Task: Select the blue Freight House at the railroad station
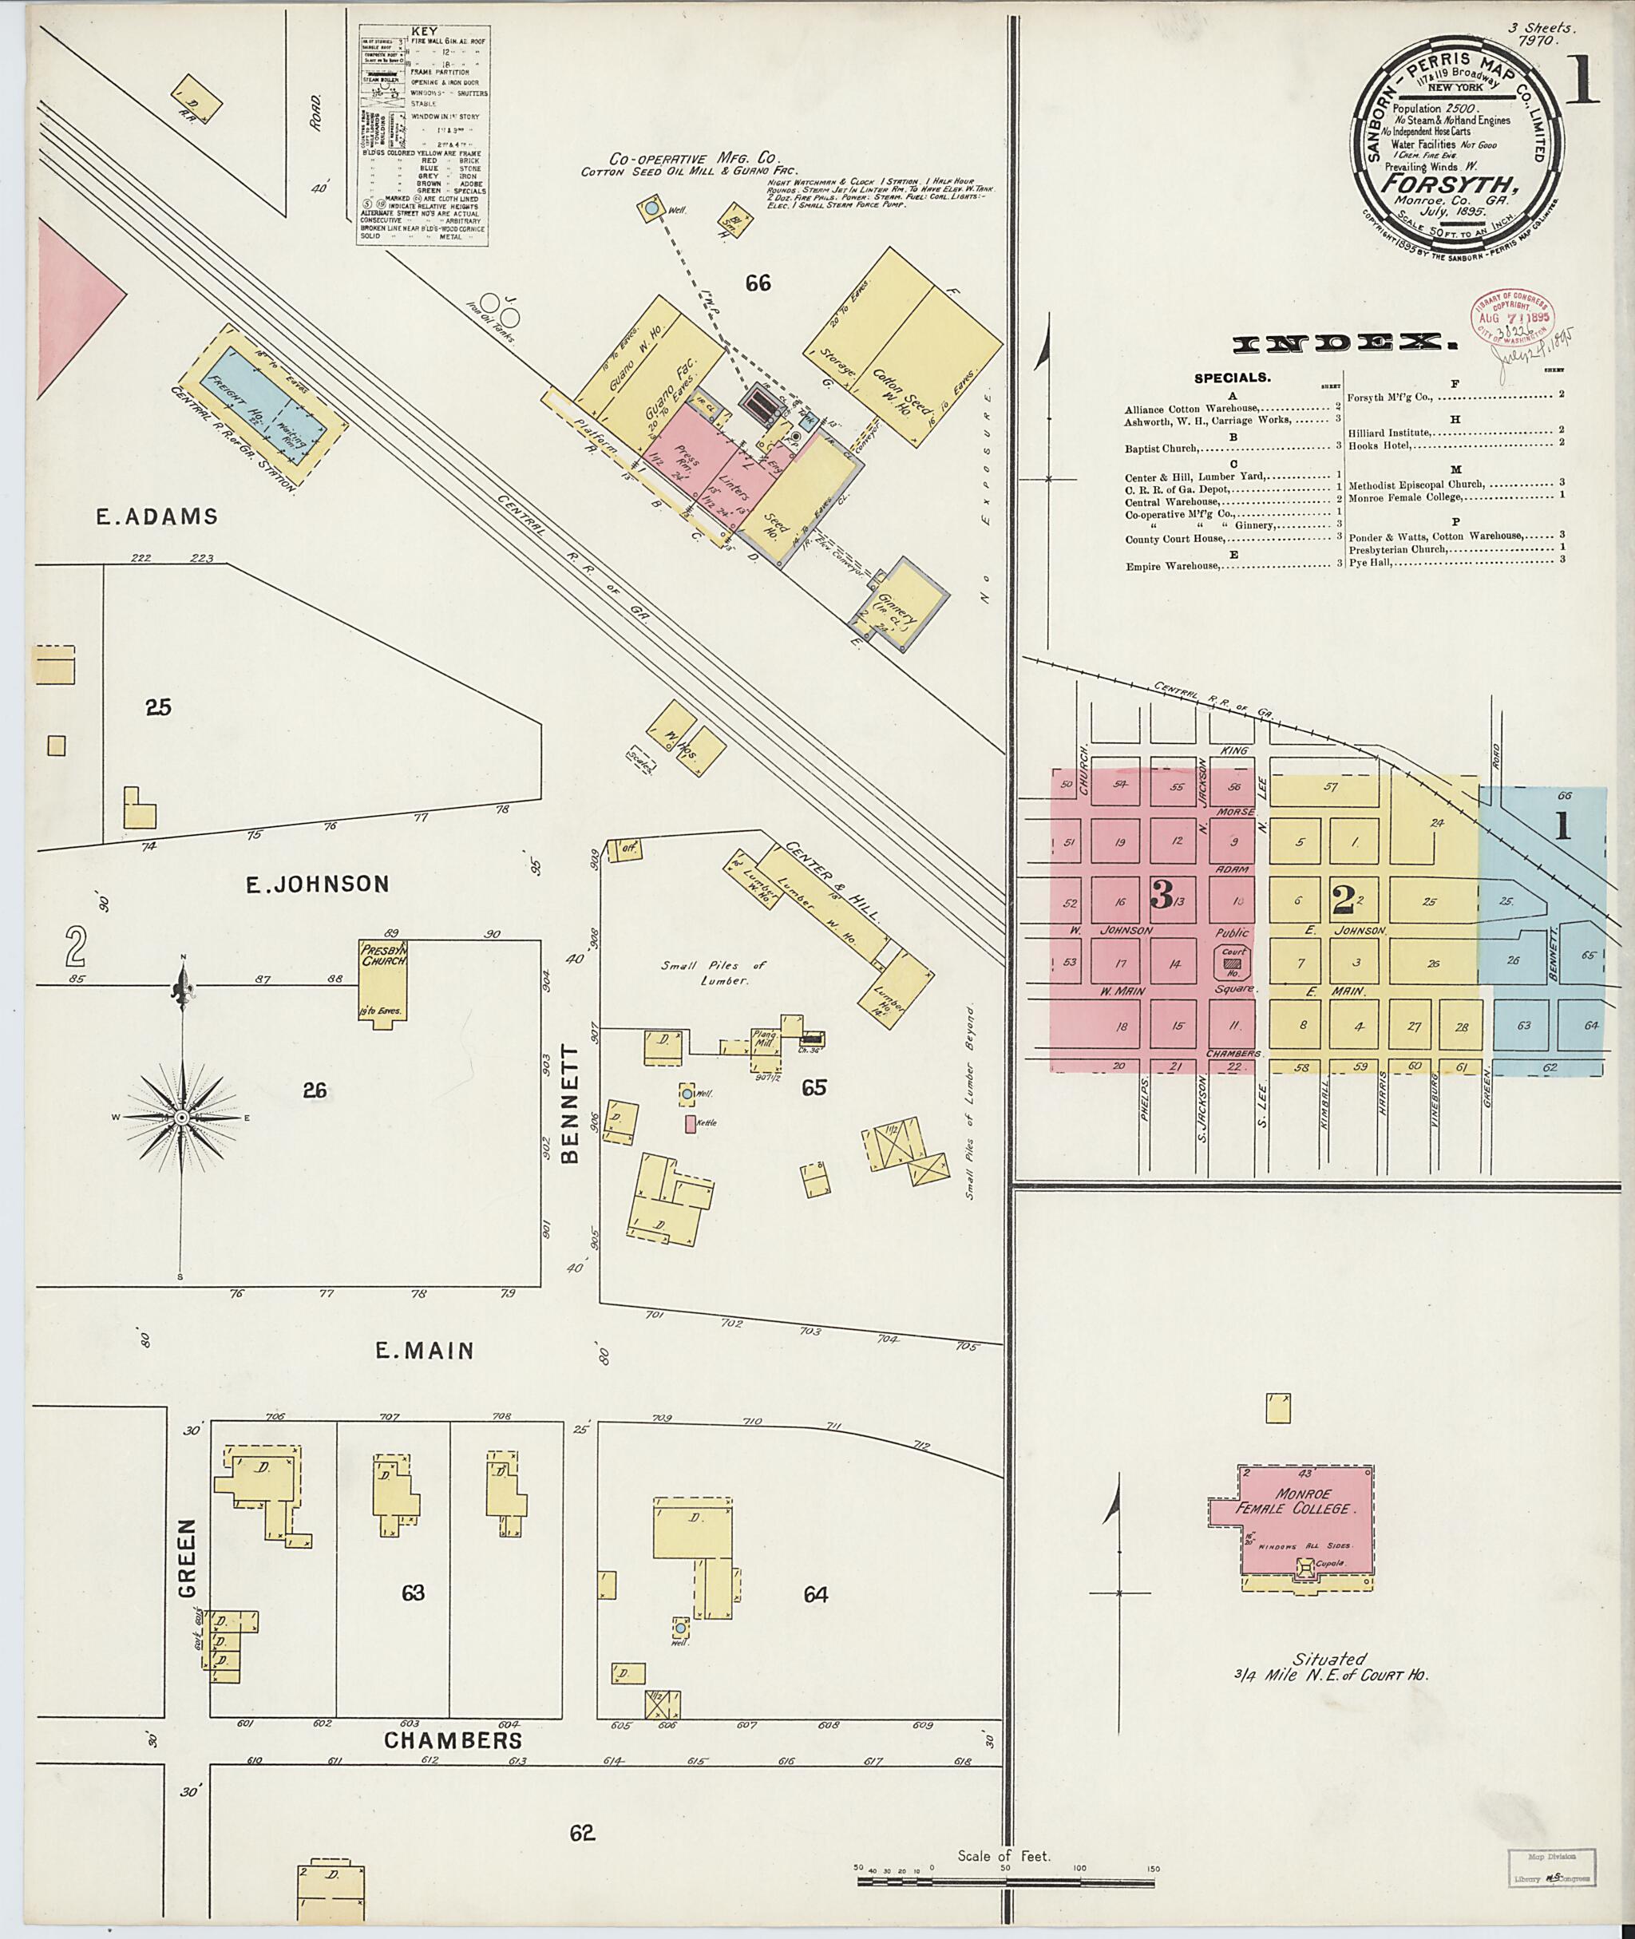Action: pos(265,409)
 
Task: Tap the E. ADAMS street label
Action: pos(156,516)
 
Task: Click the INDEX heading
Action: pos(1343,345)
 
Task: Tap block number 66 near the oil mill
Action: pos(758,283)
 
